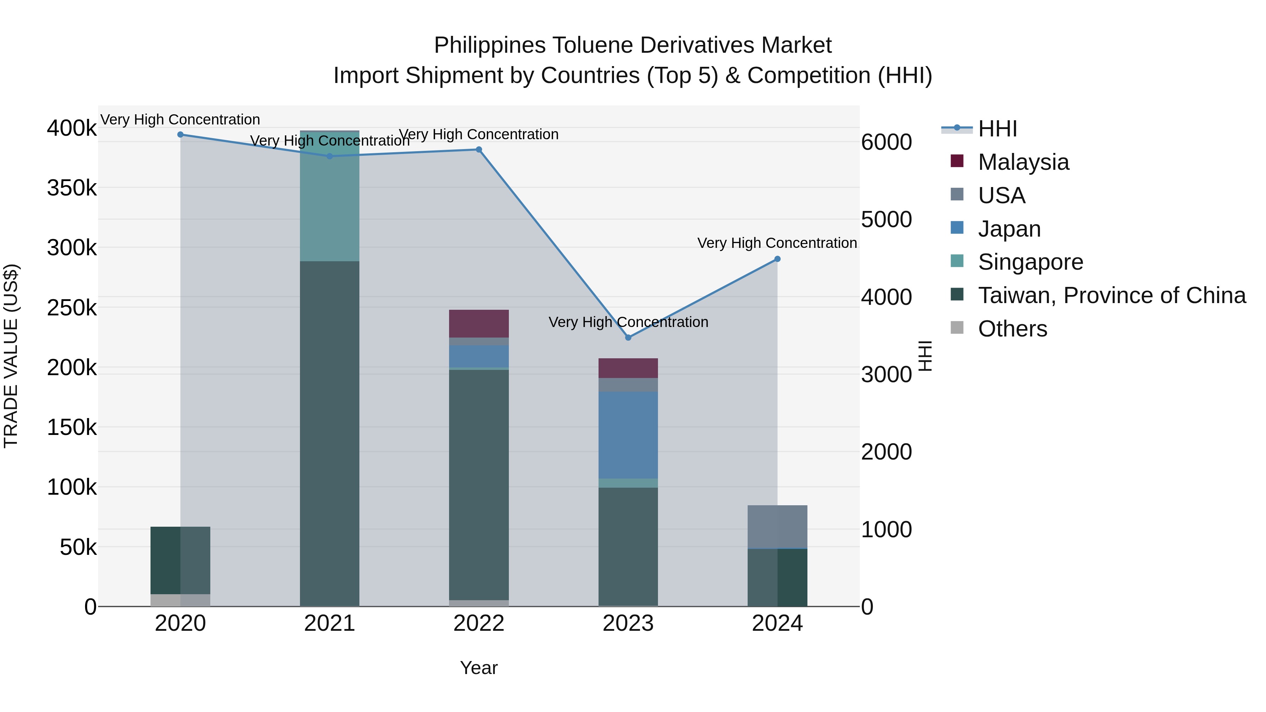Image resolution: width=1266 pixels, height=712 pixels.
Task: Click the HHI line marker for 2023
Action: point(628,338)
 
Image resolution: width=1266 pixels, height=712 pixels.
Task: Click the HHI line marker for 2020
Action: point(180,135)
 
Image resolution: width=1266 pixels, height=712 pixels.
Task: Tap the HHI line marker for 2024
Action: point(777,259)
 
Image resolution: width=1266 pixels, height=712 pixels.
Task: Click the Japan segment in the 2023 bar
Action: point(628,435)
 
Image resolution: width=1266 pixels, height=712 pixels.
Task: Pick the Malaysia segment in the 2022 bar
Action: point(479,323)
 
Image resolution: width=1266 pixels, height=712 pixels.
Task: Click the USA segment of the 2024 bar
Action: point(777,526)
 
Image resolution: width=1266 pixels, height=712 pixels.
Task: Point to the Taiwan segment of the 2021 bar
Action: point(329,432)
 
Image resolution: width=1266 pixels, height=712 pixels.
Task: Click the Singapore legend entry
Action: point(1030,262)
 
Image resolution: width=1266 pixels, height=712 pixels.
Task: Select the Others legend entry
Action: point(1012,329)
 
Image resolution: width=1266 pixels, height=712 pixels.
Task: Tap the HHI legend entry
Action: point(997,129)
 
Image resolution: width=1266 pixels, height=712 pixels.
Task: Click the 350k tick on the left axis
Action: point(72,188)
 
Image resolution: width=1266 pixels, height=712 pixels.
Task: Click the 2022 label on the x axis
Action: point(479,623)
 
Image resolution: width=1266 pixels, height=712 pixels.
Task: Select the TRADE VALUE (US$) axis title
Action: point(11,356)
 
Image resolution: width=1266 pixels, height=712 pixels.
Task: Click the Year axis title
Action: point(479,668)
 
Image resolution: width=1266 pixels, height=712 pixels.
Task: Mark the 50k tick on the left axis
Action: point(78,547)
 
